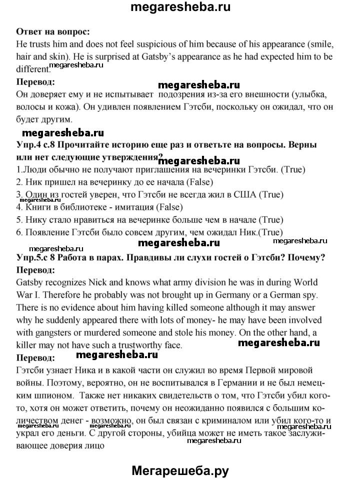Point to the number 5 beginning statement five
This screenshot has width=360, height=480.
19,219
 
